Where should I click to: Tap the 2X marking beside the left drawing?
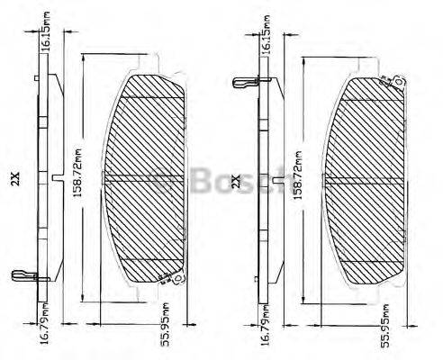pyautogui.click(x=14, y=179)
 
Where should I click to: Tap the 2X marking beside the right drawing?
pyautogui.click(x=237, y=181)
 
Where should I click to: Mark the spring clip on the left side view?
pyautogui.click(x=22, y=274)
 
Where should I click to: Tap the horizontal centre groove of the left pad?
pyautogui.click(x=149, y=176)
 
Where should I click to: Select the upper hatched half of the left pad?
pyautogui.click(x=149, y=130)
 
